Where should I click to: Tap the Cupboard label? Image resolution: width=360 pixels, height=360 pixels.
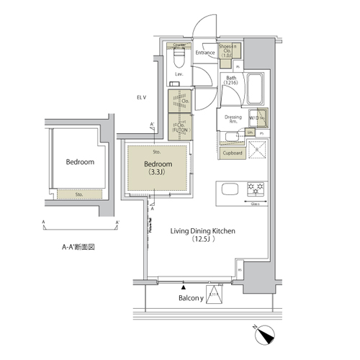tap(232, 153)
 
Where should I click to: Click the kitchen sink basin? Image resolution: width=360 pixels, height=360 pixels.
tap(229, 190)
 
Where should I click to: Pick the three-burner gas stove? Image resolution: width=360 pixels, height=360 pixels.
tap(256, 190)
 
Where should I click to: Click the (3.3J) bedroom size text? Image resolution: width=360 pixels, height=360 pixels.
tap(158, 173)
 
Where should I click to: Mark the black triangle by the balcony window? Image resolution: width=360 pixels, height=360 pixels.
tap(184, 285)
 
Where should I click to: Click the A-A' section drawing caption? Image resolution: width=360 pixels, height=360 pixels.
tap(78, 246)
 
